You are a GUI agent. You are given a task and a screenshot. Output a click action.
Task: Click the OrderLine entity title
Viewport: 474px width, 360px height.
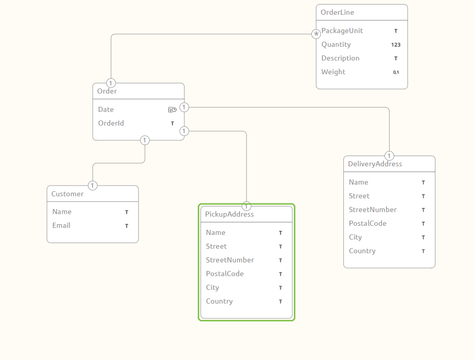337,12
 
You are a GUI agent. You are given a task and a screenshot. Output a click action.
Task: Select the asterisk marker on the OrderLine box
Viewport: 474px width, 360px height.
316,34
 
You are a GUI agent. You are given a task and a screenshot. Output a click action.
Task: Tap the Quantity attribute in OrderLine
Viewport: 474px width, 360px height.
336,45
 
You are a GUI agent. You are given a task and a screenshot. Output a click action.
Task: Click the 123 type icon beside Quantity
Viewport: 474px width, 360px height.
396,45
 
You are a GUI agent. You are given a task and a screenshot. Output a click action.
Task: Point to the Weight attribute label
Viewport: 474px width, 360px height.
333,72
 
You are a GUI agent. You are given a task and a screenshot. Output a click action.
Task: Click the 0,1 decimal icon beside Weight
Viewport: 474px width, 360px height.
396,72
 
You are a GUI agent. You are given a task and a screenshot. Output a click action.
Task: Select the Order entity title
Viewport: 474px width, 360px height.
107,92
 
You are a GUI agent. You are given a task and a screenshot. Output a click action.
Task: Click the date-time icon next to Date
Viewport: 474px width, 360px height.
172,110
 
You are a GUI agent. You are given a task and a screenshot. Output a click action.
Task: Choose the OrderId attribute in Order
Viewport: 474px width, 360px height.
111,124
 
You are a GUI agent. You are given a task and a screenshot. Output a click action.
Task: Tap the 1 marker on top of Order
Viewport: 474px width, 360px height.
111,83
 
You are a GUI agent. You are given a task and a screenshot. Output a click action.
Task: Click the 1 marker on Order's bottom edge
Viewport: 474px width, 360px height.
145,140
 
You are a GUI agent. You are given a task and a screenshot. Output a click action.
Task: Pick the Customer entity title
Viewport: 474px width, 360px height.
67,194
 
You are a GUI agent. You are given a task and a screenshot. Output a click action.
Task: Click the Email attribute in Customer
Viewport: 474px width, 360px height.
62,226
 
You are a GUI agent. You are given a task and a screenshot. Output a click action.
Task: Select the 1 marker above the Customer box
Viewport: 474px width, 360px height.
93,185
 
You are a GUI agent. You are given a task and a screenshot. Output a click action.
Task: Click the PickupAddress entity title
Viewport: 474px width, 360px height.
229,215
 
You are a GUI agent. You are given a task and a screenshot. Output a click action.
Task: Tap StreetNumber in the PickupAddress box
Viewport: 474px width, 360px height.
230,260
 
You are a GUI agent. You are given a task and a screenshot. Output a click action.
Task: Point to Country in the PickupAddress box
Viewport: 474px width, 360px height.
219,302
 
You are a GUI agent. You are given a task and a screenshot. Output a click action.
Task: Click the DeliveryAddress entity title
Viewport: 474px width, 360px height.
375,164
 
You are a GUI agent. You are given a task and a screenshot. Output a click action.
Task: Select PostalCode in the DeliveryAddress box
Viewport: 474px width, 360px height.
368,224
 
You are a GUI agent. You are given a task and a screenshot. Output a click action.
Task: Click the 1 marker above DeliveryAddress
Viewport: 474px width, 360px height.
390,156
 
